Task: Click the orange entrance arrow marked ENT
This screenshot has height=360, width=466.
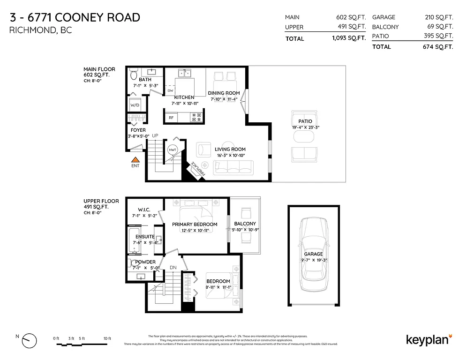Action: click(x=135, y=160)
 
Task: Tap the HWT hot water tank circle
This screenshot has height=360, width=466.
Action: click(x=172, y=149)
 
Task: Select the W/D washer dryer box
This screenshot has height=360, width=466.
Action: click(x=135, y=105)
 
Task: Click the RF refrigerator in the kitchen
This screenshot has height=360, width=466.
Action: click(x=171, y=118)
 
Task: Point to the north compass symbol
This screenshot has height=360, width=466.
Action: click(x=29, y=338)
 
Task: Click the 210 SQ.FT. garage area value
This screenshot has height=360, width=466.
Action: click(x=439, y=17)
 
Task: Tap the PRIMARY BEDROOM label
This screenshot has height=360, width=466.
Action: click(x=195, y=224)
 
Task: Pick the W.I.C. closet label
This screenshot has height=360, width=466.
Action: click(x=143, y=210)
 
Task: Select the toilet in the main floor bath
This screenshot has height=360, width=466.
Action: click(x=133, y=75)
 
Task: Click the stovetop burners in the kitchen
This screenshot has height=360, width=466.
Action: click(x=197, y=117)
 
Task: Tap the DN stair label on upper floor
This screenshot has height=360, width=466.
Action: click(x=173, y=268)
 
